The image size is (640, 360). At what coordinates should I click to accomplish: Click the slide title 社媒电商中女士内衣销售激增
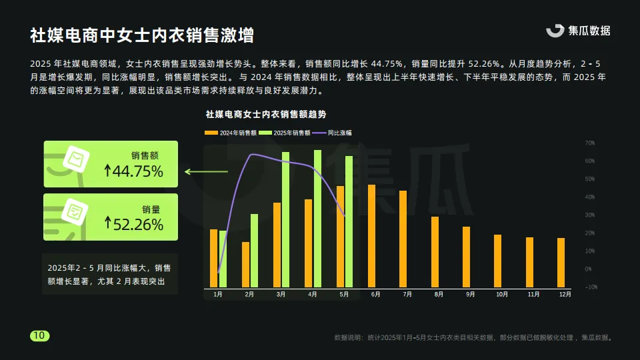[x=141, y=35]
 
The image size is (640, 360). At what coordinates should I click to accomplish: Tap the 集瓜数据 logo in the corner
[x=578, y=31]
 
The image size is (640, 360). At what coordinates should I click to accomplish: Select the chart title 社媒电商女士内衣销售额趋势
[x=266, y=115]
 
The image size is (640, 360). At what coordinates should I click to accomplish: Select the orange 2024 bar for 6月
[x=371, y=237]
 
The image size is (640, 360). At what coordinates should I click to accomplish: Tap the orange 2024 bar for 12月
[x=561, y=263]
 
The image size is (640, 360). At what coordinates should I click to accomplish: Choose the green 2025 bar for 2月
[x=254, y=251]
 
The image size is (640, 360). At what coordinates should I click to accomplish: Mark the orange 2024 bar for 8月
[x=435, y=253]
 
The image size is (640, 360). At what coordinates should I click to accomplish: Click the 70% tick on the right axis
[x=589, y=143]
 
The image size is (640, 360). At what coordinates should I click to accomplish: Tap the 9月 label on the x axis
[x=470, y=295]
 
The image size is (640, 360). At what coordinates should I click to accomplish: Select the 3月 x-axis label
[x=281, y=295]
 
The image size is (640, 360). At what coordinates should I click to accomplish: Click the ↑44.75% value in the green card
[x=133, y=171]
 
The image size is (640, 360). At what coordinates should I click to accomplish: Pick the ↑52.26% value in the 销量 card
[x=133, y=224]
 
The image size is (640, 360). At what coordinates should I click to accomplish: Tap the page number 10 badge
[x=39, y=336]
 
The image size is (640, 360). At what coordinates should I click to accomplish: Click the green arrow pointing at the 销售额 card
[x=206, y=172]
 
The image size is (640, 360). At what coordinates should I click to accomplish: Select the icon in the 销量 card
[x=75, y=213]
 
